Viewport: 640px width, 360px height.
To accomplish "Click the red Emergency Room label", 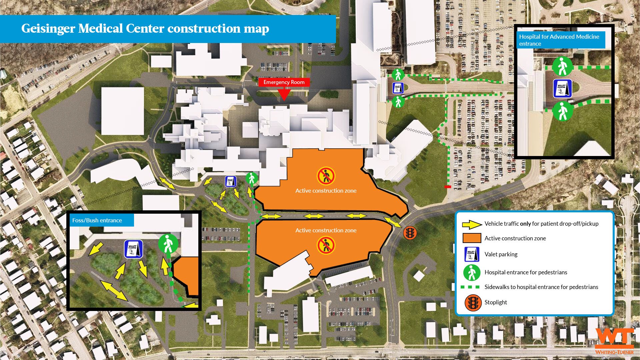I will (284, 82).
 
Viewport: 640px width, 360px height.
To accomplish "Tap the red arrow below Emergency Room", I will (284, 94).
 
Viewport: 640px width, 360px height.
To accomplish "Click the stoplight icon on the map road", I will (410, 232).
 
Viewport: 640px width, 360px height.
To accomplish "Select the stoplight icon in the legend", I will (473, 302).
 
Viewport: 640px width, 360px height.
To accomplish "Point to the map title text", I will (145, 29).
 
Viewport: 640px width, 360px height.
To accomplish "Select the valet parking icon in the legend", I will (472, 254).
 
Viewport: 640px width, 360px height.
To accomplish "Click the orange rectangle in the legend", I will (472, 238).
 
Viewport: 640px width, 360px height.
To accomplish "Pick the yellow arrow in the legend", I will (472, 224).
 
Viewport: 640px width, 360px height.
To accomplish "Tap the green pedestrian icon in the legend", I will (472, 273).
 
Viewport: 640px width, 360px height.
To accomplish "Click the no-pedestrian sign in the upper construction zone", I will (326, 176).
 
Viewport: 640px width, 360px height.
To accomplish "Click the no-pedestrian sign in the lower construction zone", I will (326, 245).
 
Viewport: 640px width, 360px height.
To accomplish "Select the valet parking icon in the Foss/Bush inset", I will (133, 249).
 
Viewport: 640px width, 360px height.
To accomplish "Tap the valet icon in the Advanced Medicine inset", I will (562, 88).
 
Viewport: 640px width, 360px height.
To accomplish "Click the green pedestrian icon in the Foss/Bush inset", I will (168, 244).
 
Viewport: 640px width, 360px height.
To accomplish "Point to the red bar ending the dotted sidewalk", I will (448, 187).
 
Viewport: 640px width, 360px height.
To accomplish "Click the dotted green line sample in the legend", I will (470, 287).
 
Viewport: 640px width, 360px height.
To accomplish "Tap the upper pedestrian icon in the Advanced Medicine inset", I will (562, 66).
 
